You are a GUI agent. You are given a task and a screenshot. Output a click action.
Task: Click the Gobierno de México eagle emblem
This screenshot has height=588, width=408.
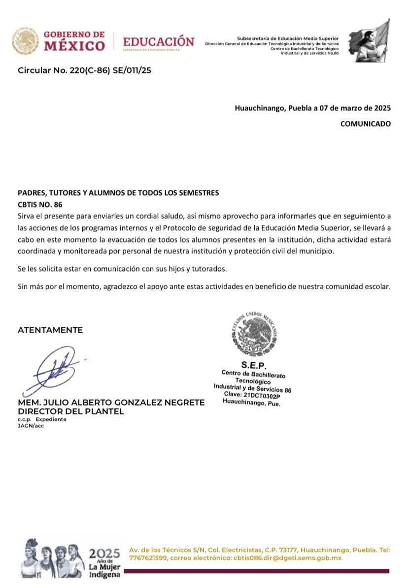(x=25, y=41)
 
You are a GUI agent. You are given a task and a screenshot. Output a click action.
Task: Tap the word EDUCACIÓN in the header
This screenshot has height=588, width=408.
(x=158, y=41)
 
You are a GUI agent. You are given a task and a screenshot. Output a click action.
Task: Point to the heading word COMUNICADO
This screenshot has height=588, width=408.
(x=365, y=124)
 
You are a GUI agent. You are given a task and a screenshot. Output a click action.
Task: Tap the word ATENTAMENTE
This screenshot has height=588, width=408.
(x=50, y=330)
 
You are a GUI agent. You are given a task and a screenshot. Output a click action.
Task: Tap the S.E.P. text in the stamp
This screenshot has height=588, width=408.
(x=254, y=365)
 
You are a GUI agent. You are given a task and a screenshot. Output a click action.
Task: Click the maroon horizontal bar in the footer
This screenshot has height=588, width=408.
(x=259, y=571)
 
